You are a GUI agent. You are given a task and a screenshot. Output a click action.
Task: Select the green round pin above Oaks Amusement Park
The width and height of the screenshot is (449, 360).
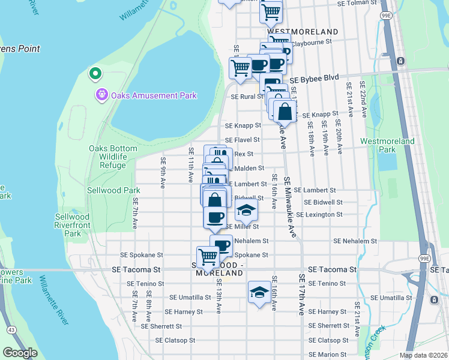point(94,74)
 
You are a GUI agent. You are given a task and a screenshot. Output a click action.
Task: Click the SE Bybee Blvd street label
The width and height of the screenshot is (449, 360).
point(314,79)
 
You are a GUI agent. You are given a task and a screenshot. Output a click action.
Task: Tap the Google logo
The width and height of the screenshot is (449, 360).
point(20,353)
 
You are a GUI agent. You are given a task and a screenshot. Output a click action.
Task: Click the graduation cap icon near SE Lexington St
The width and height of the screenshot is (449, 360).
point(246,211)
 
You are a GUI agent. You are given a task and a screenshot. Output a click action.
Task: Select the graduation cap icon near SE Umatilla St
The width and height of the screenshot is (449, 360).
point(259,292)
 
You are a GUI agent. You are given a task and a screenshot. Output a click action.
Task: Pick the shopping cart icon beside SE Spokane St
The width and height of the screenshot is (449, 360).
point(208,256)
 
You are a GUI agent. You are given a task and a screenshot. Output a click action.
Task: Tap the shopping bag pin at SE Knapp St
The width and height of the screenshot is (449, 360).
point(285,111)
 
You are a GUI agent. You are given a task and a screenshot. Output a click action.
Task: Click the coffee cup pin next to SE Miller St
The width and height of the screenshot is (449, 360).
point(215,217)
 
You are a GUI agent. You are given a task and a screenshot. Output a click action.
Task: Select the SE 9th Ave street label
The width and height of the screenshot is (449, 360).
point(163,172)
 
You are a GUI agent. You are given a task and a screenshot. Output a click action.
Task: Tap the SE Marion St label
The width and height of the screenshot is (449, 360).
point(327,355)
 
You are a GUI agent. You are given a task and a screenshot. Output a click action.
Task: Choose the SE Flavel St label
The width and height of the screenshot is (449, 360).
point(243,140)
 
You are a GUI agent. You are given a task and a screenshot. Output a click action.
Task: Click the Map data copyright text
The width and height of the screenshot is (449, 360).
point(423,355)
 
